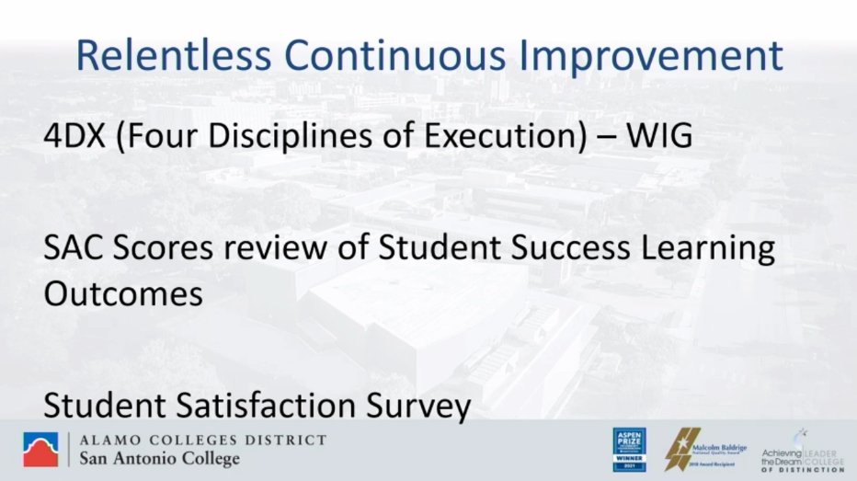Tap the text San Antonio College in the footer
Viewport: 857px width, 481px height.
[x=160, y=459]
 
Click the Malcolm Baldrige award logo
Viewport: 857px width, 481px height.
[x=704, y=450]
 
